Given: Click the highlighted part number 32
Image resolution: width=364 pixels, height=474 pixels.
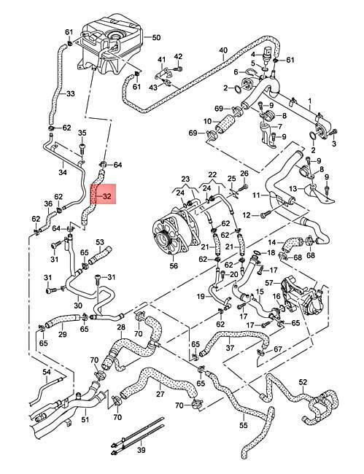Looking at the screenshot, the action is tap(107, 196).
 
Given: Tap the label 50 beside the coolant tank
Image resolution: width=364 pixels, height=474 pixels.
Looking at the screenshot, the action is tap(156, 38).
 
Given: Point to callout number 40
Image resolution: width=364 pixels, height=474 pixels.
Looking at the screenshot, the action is tap(223, 50).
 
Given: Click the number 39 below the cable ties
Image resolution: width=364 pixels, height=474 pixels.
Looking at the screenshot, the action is tap(142, 450).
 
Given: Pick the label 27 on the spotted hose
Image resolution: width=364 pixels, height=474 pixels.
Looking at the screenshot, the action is tap(160, 394).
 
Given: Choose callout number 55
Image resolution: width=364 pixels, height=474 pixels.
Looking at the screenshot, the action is tap(243, 425).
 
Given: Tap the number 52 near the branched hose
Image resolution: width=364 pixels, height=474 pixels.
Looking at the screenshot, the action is tap(303, 382).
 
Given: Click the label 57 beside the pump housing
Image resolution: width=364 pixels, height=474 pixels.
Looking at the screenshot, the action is tap(269, 283).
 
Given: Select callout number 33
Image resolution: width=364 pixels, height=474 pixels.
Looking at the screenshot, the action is tap(70, 94).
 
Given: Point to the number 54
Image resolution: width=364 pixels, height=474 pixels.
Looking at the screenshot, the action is tap(47, 372).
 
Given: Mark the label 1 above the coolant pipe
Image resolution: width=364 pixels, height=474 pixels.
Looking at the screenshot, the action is tap(309, 100).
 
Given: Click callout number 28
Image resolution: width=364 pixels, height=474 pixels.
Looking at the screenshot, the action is tap(121, 327).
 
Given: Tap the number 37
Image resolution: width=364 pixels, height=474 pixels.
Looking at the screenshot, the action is tap(230, 348).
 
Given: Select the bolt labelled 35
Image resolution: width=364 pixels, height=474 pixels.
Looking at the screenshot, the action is tap(82, 149).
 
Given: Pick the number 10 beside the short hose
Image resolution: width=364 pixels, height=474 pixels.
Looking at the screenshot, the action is tap(207, 122).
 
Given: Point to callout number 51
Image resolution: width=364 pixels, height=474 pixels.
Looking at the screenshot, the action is tap(85, 419).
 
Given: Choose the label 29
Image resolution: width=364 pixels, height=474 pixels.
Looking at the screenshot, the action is tap(63, 335).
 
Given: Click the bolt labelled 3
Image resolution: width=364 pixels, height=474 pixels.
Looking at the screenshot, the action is tap(335, 131).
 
